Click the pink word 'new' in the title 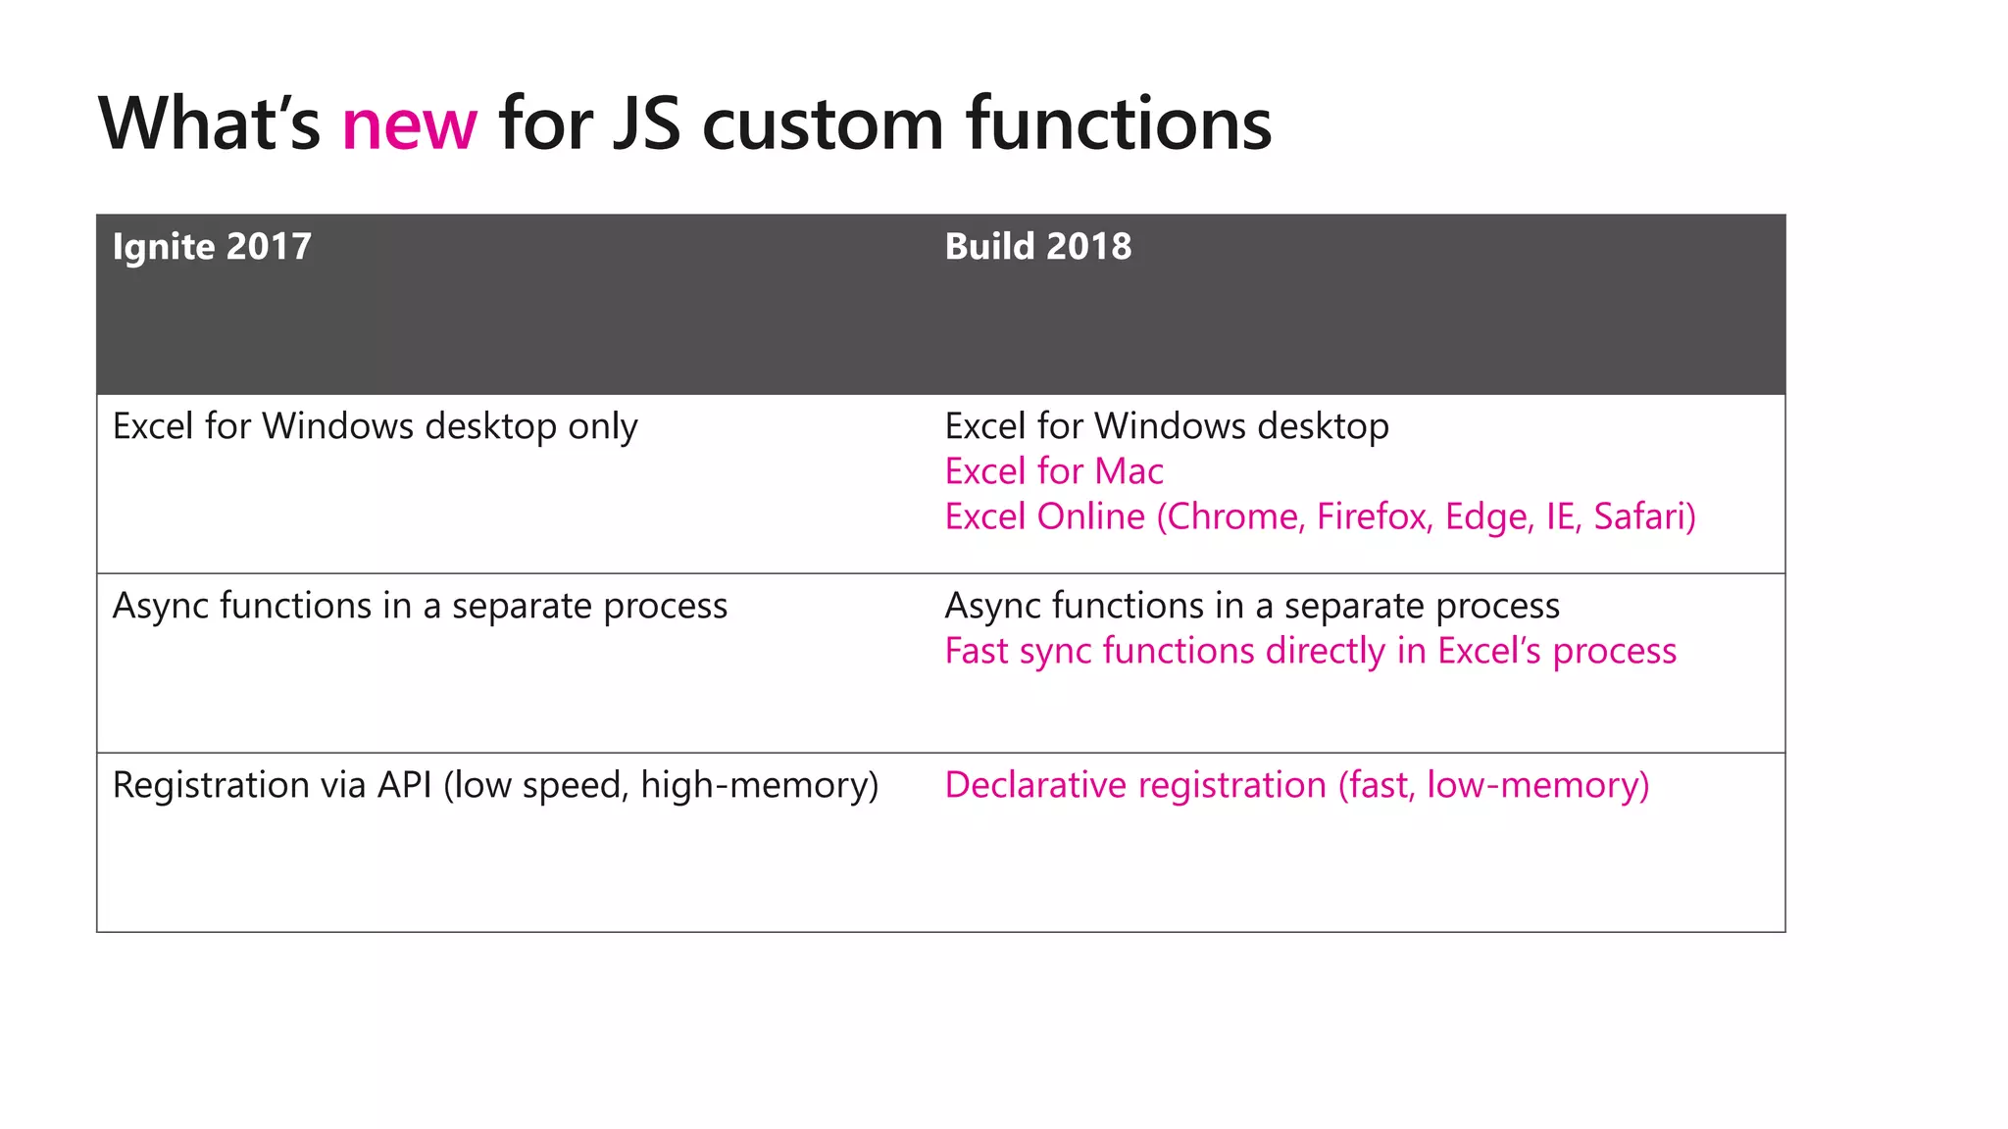pos(409,124)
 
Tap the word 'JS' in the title pos(646,124)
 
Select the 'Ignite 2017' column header pos(212,246)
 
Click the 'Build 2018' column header pos(1037,246)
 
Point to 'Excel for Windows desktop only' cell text pos(375,426)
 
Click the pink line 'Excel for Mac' pos(1053,471)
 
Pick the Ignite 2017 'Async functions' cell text pos(420,606)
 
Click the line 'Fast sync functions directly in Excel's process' pos(1310,651)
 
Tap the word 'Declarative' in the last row pos(1036,785)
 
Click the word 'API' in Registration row pos(404,785)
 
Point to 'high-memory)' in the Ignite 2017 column pos(759,785)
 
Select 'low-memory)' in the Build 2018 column pos(1537,785)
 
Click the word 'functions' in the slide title pos(1118,124)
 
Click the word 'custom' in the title pos(823,124)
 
